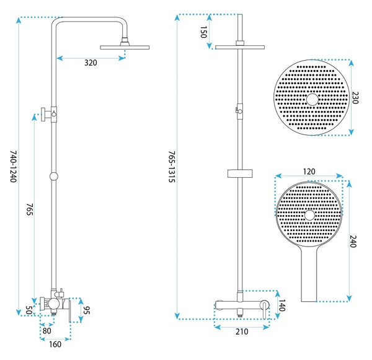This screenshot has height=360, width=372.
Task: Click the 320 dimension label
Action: (91, 63)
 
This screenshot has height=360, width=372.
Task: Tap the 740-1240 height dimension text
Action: (14, 167)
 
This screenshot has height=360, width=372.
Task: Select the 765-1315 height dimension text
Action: (172, 167)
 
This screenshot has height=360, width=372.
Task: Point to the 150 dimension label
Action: (203, 32)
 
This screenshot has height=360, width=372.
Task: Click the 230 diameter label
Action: (355, 97)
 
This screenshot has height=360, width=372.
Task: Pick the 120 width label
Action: (309, 172)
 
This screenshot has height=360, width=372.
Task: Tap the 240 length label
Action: (353, 242)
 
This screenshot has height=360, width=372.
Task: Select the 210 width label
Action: (242, 331)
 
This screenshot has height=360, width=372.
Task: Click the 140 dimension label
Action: (281, 305)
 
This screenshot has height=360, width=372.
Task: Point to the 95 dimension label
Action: (86, 310)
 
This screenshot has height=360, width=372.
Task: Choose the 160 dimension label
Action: (55, 344)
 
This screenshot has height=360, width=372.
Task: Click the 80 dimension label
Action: (47, 331)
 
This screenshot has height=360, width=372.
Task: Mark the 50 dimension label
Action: (29, 310)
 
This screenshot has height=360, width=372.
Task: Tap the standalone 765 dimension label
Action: (29, 209)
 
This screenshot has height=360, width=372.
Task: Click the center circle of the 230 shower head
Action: (312, 100)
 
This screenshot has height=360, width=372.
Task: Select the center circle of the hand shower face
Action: (309, 216)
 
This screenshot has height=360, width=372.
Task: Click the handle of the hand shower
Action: (309, 275)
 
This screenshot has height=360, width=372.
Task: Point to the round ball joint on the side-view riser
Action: (54, 177)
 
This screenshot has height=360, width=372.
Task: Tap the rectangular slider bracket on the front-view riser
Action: (240, 173)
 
